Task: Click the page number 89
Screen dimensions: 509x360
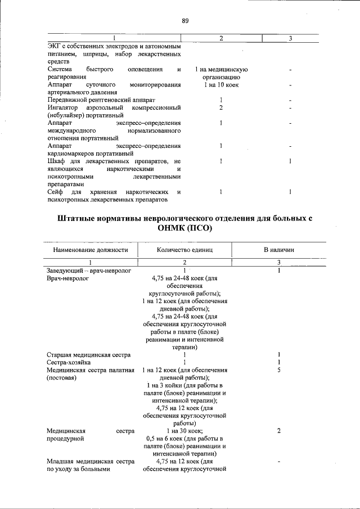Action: (x=184, y=21)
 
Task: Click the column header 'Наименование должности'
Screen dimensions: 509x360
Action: (x=91, y=250)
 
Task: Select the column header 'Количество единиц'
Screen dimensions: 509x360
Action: (x=185, y=250)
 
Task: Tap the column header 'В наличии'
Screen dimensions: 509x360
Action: (x=279, y=250)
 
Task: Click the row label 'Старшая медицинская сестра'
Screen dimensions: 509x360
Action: (x=89, y=355)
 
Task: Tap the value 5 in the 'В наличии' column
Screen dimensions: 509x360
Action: (x=279, y=371)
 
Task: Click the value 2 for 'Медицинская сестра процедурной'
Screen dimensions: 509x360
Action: (x=279, y=431)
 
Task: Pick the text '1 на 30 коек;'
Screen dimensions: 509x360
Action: (x=185, y=431)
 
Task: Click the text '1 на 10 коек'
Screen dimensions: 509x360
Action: (x=221, y=84)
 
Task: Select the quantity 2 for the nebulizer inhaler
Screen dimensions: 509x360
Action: (x=221, y=107)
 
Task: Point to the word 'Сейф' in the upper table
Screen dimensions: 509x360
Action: (x=55, y=192)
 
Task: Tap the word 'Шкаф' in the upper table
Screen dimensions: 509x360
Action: (x=56, y=161)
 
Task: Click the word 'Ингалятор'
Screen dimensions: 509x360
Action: (x=63, y=107)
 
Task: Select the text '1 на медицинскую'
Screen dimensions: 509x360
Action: (x=221, y=69)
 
